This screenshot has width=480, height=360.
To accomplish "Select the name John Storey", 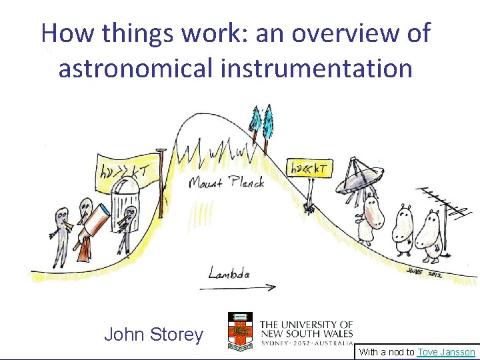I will [x=153, y=335].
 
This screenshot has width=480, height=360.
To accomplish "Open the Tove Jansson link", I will [x=446, y=352].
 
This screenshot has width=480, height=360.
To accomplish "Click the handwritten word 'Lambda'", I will [x=229, y=273].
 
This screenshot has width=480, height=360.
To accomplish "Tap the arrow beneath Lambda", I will [x=237, y=288].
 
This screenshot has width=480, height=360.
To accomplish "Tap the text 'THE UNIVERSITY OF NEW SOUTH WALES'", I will [x=306, y=328].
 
